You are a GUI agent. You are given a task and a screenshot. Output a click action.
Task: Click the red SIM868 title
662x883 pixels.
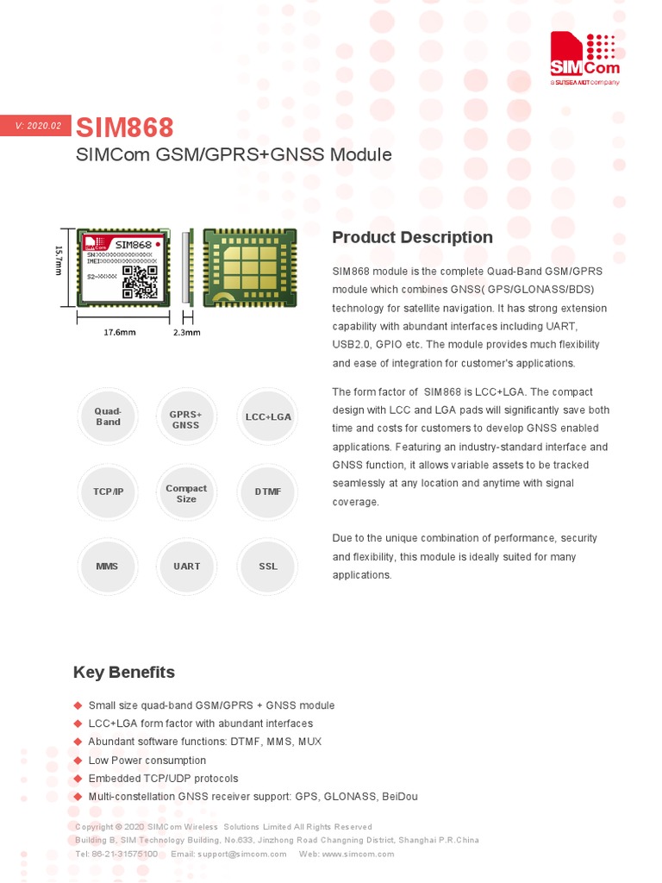tap(124, 128)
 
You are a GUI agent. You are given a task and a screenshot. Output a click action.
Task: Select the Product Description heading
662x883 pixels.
tap(412, 237)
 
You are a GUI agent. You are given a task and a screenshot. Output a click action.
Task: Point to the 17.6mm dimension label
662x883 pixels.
tap(120, 332)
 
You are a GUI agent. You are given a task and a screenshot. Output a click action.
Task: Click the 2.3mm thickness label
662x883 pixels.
tap(187, 332)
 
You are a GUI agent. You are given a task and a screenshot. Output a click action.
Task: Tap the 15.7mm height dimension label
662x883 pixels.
tap(59, 261)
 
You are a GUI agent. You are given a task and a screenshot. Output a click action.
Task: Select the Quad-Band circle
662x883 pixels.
tap(108, 416)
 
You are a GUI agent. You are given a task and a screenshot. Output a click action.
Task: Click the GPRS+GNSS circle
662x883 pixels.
tap(185, 420)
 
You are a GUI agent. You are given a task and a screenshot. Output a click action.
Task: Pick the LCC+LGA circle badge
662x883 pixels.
tap(268, 416)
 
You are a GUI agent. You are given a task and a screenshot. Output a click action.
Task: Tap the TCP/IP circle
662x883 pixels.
tap(108, 492)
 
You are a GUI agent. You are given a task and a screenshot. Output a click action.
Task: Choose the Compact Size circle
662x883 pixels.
tap(186, 493)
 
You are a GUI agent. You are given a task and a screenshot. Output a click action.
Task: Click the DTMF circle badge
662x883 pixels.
tap(268, 492)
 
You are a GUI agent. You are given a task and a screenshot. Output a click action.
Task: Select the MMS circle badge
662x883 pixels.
tap(108, 567)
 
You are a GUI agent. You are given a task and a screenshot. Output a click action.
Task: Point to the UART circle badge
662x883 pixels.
tap(186, 567)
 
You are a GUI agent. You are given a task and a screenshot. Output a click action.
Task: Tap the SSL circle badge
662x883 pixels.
tap(268, 567)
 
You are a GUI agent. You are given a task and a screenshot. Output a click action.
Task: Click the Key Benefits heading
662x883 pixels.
tap(123, 672)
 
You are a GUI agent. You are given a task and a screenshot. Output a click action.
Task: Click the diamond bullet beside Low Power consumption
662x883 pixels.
tap(78, 760)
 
